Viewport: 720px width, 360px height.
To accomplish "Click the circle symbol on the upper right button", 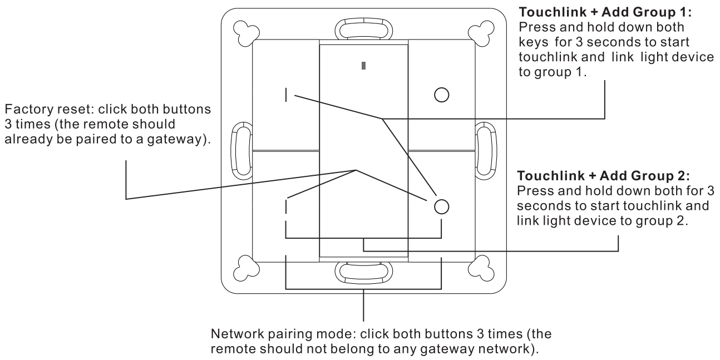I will pos(441,95).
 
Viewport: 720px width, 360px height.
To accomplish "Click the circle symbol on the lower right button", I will pos(441,206).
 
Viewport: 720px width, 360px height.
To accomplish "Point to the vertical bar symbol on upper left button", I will pos(286,95).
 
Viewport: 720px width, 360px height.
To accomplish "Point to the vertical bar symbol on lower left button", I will pos(286,206).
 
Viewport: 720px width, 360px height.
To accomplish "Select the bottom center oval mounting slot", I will pos(363,271).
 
